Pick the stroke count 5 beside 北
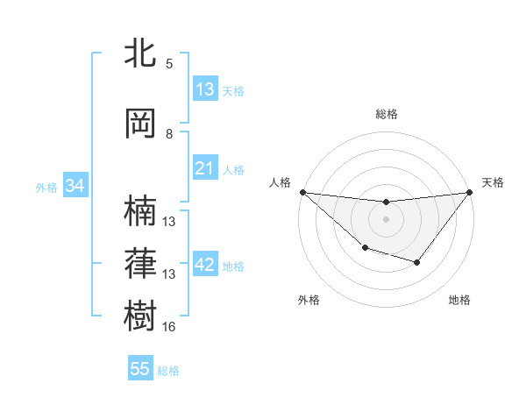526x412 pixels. click(x=169, y=64)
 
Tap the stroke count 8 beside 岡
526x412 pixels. click(x=169, y=134)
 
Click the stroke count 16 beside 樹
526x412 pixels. click(x=169, y=327)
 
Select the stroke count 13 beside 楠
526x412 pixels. click(x=169, y=222)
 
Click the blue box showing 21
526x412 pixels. click(x=205, y=169)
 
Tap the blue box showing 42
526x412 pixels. click(x=205, y=266)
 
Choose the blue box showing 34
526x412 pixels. click(x=75, y=186)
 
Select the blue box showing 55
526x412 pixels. click(x=140, y=369)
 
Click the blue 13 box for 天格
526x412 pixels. click(x=205, y=89)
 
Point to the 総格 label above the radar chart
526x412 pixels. click(x=386, y=114)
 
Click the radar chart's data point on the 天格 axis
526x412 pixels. click(x=469, y=193)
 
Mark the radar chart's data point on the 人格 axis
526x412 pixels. click(x=302, y=192)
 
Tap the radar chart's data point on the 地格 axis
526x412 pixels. click(x=417, y=262)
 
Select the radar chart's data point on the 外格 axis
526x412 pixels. click(x=365, y=249)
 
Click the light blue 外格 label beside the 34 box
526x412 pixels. click(x=46, y=187)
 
